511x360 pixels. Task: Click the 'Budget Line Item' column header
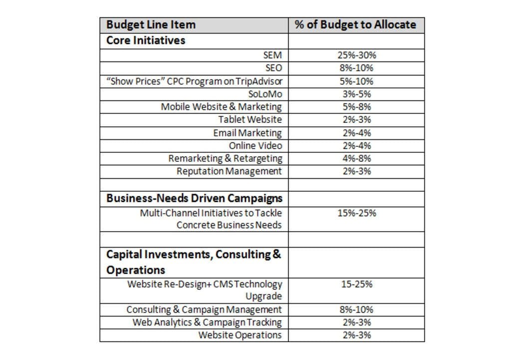(x=151, y=25)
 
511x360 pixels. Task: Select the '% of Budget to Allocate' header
(x=355, y=25)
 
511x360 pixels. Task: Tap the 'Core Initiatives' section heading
(x=145, y=40)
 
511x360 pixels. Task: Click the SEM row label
(x=272, y=55)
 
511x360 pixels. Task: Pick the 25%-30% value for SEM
(x=356, y=55)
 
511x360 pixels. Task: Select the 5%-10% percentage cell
(x=356, y=81)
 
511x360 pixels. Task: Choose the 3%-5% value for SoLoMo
(x=356, y=94)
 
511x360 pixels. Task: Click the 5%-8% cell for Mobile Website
(x=356, y=107)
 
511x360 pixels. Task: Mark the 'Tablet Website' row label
(x=250, y=120)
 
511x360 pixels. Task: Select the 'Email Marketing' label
(x=247, y=133)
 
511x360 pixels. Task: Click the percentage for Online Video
(x=356, y=146)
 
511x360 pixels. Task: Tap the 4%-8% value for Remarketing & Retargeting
(x=356, y=159)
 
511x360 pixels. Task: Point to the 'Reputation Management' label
(x=229, y=171)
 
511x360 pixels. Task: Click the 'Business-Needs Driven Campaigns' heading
(x=194, y=198)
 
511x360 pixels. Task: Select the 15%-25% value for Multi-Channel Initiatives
(x=356, y=213)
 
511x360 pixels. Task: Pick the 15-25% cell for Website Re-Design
(x=356, y=285)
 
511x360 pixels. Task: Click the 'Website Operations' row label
(x=240, y=335)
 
